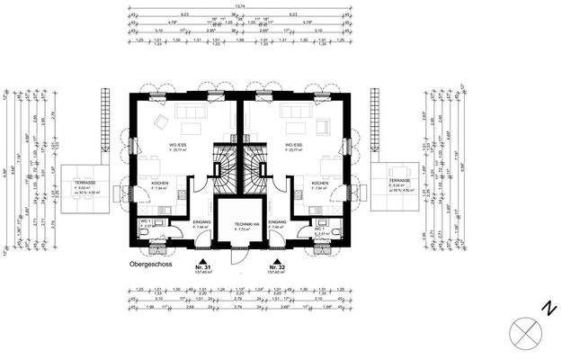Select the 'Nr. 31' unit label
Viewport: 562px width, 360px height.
click(202, 267)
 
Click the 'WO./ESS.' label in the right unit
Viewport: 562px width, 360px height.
click(294, 144)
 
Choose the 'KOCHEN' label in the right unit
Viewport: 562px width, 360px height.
click(321, 184)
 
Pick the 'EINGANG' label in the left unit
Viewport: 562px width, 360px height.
click(202, 222)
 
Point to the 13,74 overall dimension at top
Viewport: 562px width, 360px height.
click(239, 7)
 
